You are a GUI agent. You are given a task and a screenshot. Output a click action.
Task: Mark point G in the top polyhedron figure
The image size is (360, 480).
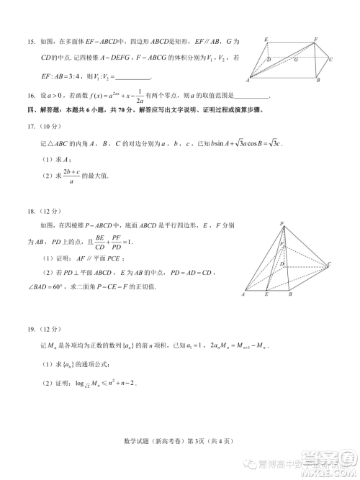tap(295, 60)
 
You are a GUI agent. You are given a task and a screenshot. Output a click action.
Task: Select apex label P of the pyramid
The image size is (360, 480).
tap(282, 225)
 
